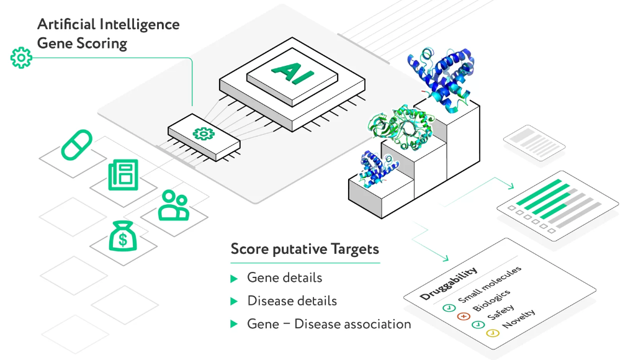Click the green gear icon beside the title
(21, 58)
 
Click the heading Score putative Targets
(304, 250)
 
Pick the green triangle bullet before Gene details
(234, 279)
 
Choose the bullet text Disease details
(292, 301)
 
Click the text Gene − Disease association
(329, 324)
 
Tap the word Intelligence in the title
(140, 25)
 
